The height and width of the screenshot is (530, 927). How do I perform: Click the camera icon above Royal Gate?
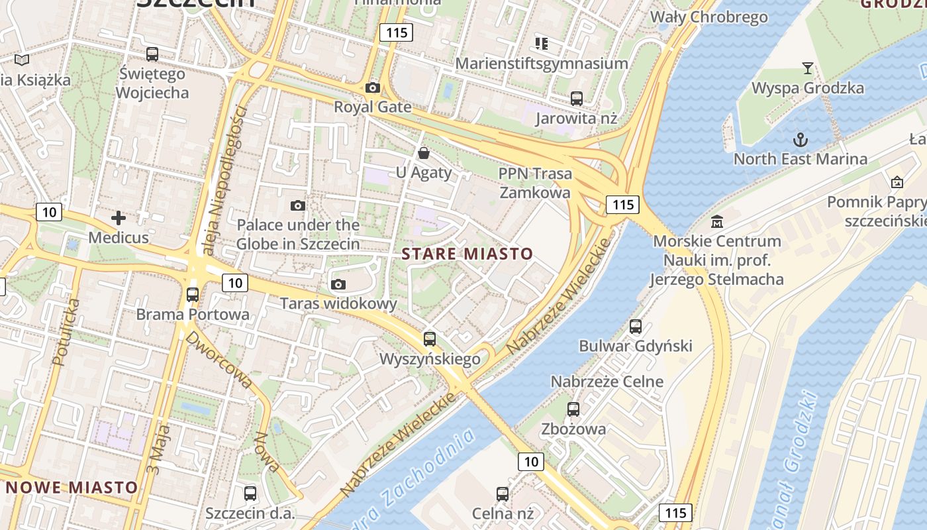(x=373, y=88)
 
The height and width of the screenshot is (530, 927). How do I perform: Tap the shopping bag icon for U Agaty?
(x=424, y=154)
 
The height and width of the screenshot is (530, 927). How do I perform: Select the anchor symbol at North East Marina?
(x=801, y=140)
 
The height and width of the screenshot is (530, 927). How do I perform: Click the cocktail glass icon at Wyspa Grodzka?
(x=808, y=68)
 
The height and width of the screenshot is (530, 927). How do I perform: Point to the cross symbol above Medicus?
(x=119, y=217)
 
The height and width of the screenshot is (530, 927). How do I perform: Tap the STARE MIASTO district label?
(x=467, y=254)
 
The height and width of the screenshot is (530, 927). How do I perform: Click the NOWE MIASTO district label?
(x=72, y=488)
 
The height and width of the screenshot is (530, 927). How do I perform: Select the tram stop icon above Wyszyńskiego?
(x=430, y=339)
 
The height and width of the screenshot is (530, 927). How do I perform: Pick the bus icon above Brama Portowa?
(x=193, y=295)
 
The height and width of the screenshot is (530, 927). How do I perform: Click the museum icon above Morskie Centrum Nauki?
(x=716, y=221)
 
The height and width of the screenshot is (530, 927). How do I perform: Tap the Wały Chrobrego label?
(x=709, y=17)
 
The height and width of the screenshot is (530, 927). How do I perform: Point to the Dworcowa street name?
(x=219, y=359)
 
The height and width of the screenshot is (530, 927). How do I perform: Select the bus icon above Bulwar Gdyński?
(x=636, y=327)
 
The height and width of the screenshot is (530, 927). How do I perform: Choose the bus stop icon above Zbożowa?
(x=573, y=409)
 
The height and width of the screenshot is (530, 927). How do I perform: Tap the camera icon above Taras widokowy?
(x=338, y=285)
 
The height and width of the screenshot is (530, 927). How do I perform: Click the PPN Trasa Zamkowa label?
(x=535, y=183)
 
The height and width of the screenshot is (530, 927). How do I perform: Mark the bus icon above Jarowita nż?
(x=577, y=99)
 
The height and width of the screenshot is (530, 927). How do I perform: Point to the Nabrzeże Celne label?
(x=607, y=382)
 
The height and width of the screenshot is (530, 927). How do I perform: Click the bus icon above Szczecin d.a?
(x=250, y=494)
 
